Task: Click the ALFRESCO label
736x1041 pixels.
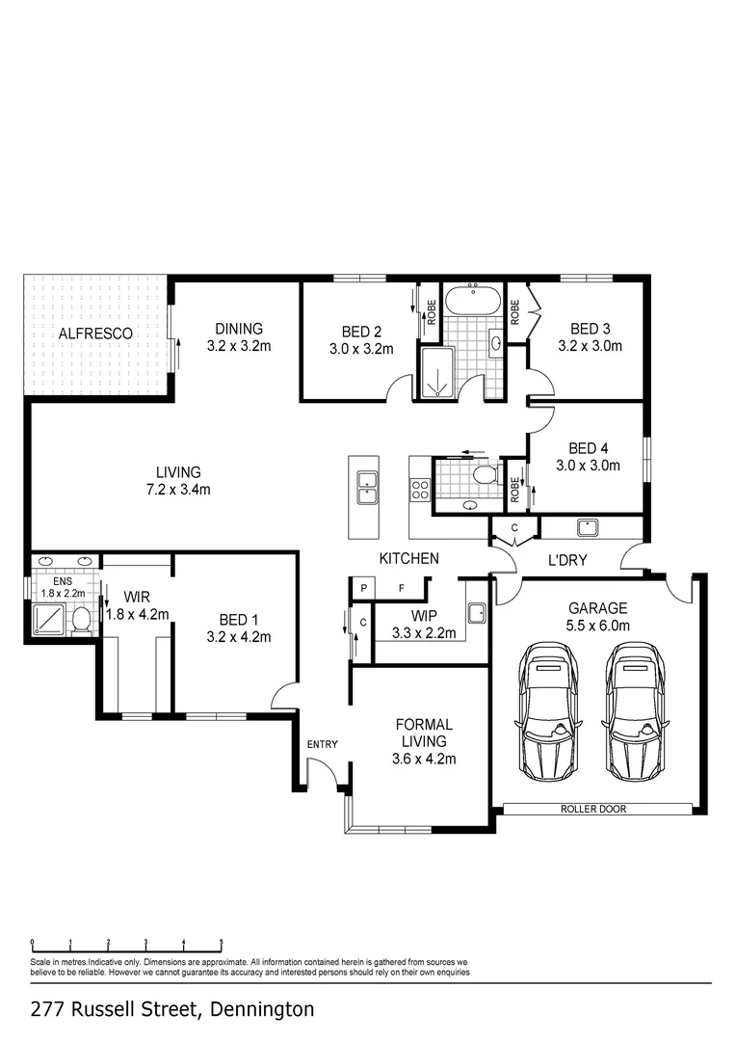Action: click(95, 334)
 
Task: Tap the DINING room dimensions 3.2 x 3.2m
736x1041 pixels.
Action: click(239, 346)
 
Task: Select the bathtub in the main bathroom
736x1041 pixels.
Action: click(473, 300)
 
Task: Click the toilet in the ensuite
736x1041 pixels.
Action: click(82, 620)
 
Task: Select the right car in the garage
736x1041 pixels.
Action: click(637, 710)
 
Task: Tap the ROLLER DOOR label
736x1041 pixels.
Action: click(593, 809)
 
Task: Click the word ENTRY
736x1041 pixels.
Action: click(323, 744)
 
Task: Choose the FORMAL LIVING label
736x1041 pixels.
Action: click(424, 733)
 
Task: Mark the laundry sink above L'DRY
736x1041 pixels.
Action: click(588, 527)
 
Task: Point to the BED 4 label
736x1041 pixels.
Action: click(588, 449)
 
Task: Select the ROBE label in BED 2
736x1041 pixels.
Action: click(432, 312)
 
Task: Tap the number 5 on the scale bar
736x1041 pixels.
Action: click(222, 943)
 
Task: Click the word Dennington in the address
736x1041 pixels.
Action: click(262, 1010)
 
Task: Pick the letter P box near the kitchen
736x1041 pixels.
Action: click(364, 588)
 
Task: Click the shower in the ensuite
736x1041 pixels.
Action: click(49, 618)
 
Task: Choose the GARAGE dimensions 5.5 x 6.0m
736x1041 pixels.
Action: click(598, 625)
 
